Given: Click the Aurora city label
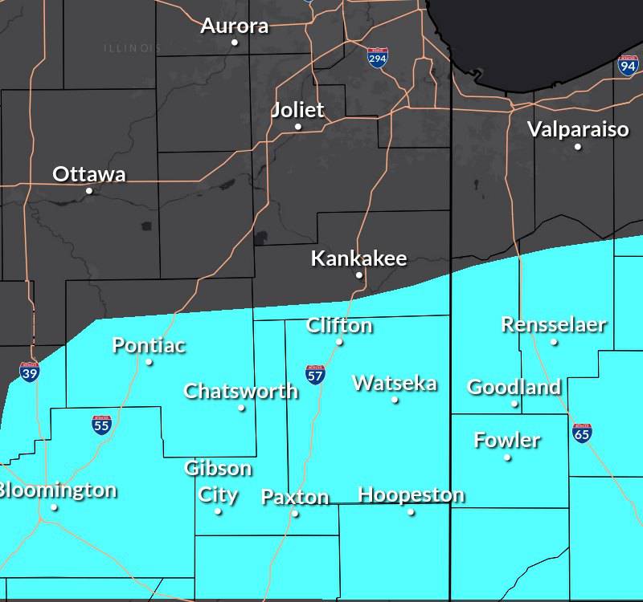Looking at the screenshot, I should click(x=234, y=26).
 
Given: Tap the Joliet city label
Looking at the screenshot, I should click(x=298, y=110).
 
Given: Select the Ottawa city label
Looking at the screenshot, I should click(x=88, y=174).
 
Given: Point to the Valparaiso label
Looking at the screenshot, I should click(x=578, y=128).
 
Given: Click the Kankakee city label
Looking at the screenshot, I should click(x=358, y=258).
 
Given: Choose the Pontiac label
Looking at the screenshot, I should click(x=149, y=345).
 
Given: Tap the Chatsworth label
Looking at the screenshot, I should click(x=240, y=391).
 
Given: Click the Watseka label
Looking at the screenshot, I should click(x=395, y=383).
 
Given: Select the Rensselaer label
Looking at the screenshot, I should click(x=554, y=324).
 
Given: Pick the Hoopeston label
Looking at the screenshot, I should click(x=411, y=494).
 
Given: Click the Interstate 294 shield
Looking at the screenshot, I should click(x=377, y=58).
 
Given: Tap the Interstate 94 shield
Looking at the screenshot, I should click(x=628, y=66).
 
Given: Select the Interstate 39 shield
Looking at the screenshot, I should click(x=29, y=371).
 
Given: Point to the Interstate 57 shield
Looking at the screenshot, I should click(x=315, y=374).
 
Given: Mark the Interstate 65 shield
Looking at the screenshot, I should click(x=583, y=433).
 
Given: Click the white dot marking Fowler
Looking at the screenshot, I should click(x=507, y=458).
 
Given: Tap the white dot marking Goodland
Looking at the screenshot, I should click(x=514, y=404).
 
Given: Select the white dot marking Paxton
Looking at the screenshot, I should click(x=295, y=514).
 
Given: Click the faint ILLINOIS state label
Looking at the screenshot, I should click(x=132, y=48).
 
